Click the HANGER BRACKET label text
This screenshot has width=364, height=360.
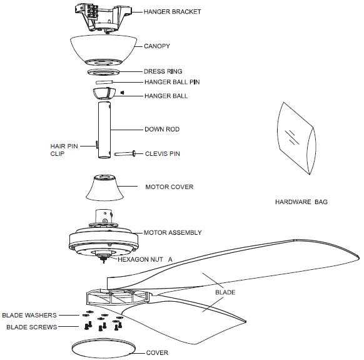click(x=172, y=12)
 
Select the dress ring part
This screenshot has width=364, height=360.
click(x=104, y=72)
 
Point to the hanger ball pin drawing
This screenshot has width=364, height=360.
click(x=104, y=82)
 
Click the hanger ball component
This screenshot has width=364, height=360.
click(x=104, y=93)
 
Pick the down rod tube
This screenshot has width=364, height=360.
click(x=104, y=130)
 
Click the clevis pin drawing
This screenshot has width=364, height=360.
click(x=125, y=153)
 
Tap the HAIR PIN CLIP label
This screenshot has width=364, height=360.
click(x=64, y=150)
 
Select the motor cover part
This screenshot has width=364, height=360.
click(x=104, y=188)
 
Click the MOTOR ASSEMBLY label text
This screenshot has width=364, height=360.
click(x=173, y=233)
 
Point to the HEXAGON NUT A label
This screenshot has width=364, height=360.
click(x=145, y=259)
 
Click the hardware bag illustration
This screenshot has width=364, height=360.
click(x=296, y=138)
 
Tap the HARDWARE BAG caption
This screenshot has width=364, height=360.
click(x=301, y=202)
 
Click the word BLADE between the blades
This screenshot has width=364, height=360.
click(x=225, y=292)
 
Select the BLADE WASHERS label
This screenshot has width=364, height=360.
click(x=29, y=315)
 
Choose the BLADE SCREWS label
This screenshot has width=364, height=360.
click(x=31, y=327)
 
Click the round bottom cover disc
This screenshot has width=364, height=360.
click(x=104, y=348)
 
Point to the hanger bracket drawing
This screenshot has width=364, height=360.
click(x=103, y=18)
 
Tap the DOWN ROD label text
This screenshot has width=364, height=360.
click(x=162, y=129)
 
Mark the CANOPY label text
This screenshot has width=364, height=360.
click(x=157, y=46)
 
